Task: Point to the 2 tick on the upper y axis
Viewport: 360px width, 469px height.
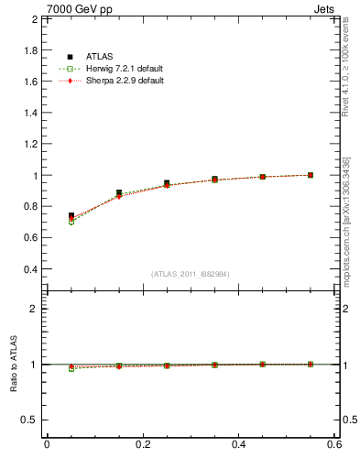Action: tap(34, 19)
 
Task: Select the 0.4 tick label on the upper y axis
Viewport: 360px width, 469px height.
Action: tap(29, 269)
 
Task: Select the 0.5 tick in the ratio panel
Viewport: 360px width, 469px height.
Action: tap(29, 420)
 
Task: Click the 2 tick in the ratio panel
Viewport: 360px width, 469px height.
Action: tap(34, 309)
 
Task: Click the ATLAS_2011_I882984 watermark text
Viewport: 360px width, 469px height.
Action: tap(191, 274)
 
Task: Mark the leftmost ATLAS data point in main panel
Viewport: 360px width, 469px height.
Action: tap(71, 215)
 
